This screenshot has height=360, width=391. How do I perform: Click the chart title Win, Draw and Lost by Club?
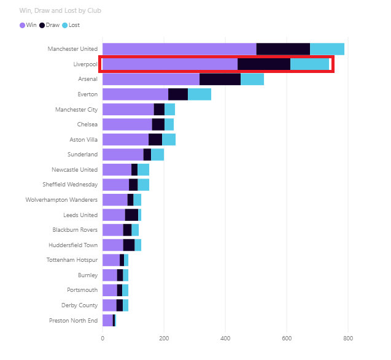click(60, 10)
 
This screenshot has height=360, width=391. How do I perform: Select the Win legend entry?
click(28, 25)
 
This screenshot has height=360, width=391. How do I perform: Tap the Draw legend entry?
click(49, 25)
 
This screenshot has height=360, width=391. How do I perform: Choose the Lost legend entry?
click(71, 25)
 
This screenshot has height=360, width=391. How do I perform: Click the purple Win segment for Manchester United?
click(179, 49)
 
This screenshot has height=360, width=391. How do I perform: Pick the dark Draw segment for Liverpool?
click(264, 64)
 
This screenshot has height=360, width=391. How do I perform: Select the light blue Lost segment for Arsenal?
click(252, 79)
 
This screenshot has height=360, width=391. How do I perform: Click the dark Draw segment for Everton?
click(178, 94)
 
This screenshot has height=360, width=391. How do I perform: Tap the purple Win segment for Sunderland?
click(123, 155)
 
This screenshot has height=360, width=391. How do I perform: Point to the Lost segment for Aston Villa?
click(169, 139)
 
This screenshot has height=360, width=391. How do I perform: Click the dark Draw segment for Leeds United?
click(131, 215)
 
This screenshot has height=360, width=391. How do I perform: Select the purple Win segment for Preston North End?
click(108, 320)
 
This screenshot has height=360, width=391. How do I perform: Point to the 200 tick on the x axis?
click(164, 338)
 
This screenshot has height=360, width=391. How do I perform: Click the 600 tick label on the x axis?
click(287, 338)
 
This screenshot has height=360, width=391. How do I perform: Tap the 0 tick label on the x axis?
click(103, 338)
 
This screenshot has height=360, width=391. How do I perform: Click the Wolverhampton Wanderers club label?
click(61, 200)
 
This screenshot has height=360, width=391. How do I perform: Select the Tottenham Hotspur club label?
click(72, 260)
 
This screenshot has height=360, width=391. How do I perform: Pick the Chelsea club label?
click(87, 124)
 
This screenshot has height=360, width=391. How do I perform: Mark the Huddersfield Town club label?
click(73, 245)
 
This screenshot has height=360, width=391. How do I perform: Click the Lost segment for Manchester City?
click(170, 109)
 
